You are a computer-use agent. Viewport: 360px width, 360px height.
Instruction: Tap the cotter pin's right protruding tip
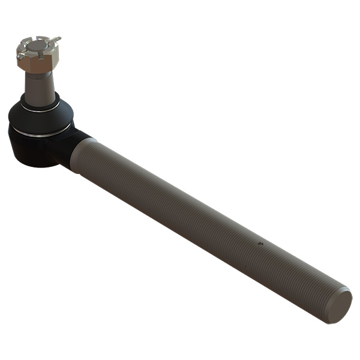(58, 40)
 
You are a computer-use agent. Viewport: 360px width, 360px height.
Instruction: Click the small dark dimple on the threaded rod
(259, 244)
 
